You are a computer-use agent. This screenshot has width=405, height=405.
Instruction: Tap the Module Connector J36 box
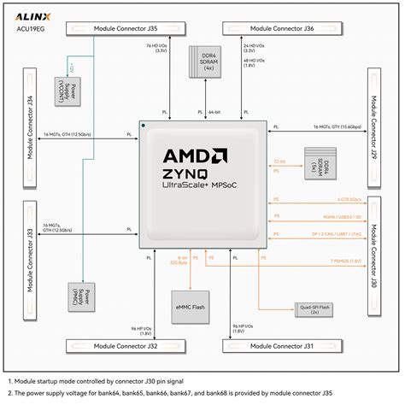[x=279, y=29]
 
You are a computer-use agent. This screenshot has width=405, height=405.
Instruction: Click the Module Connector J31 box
[x=279, y=345]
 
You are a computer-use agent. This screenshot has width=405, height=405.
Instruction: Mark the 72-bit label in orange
[x=279, y=160]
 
